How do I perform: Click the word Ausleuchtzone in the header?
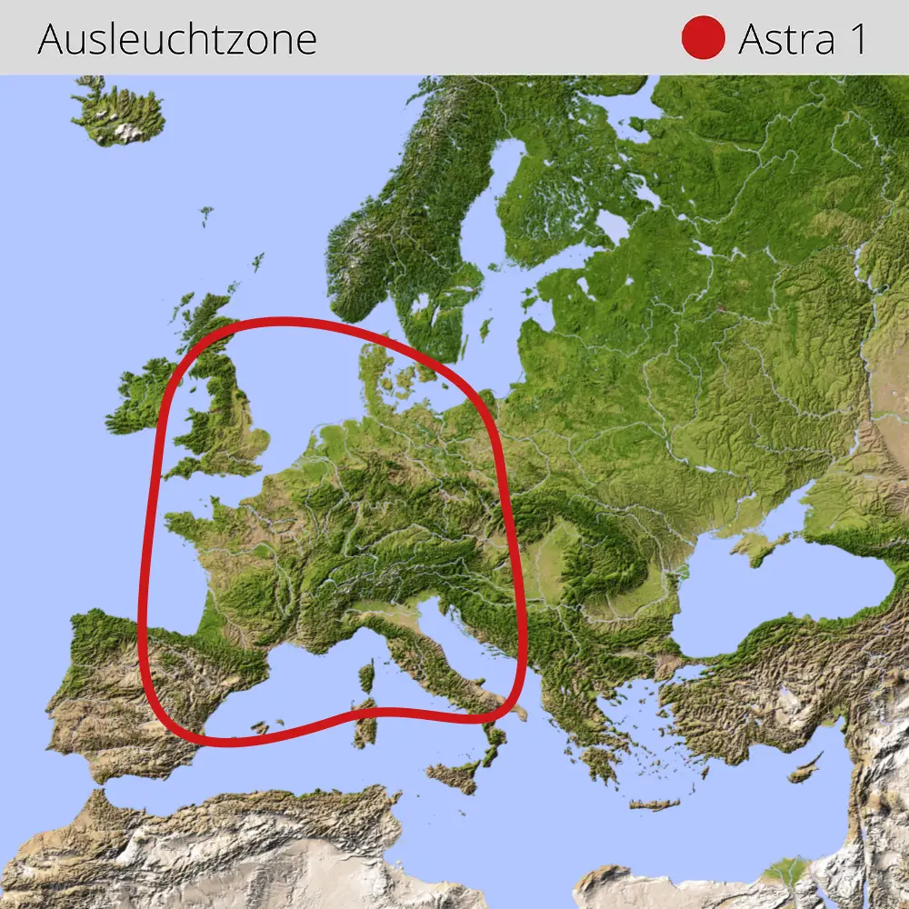[177, 39]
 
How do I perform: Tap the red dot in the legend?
[703, 38]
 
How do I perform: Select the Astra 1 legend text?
[802, 39]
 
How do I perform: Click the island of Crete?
[654, 804]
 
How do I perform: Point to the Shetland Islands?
[258, 262]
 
